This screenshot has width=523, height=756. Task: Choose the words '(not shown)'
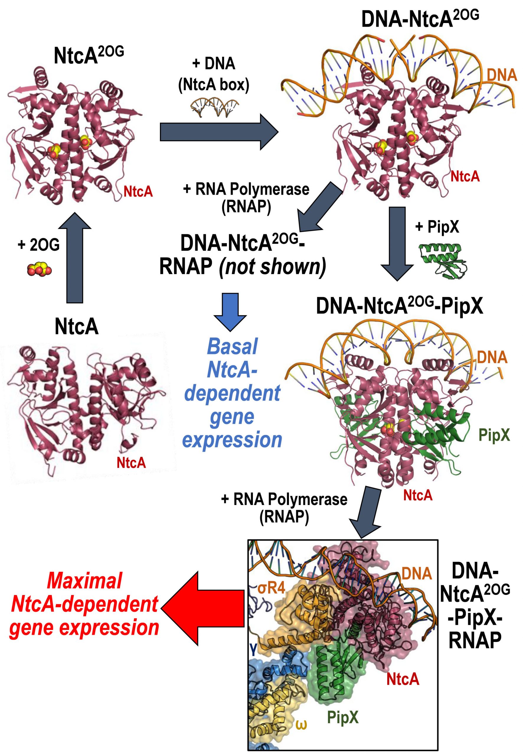(273, 267)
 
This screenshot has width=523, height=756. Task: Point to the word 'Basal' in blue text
(232, 347)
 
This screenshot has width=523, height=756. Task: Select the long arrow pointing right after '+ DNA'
(219, 132)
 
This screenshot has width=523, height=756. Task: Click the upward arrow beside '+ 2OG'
(75, 257)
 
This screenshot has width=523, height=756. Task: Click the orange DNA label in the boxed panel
(416, 573)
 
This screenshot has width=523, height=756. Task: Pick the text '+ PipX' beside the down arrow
(437, 227)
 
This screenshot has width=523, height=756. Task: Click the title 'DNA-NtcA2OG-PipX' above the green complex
(399, 307)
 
